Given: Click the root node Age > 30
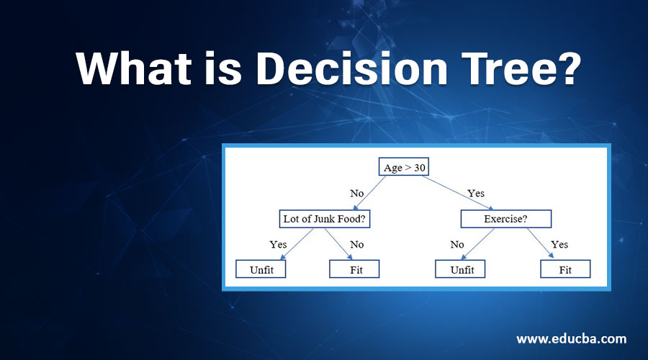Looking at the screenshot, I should tap(403, 167).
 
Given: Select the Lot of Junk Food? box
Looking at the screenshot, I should tap(328, 218).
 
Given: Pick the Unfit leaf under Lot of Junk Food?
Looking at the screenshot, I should tap(261, 269).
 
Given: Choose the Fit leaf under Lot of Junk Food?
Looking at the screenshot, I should tap(354, 269).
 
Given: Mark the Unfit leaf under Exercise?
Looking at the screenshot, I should tap(460, 269).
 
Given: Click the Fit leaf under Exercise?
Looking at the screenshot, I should tap(565, 269).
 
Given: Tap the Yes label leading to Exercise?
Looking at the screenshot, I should tap(476, 193).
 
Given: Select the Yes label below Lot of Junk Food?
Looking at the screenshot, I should tap(278, 244).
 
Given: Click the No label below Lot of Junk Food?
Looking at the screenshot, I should tap(356, 244).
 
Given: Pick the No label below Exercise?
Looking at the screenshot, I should tap(457, 244).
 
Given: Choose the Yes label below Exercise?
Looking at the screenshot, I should tap(559, 244).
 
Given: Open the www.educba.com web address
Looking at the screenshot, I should tap(572, 338).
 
